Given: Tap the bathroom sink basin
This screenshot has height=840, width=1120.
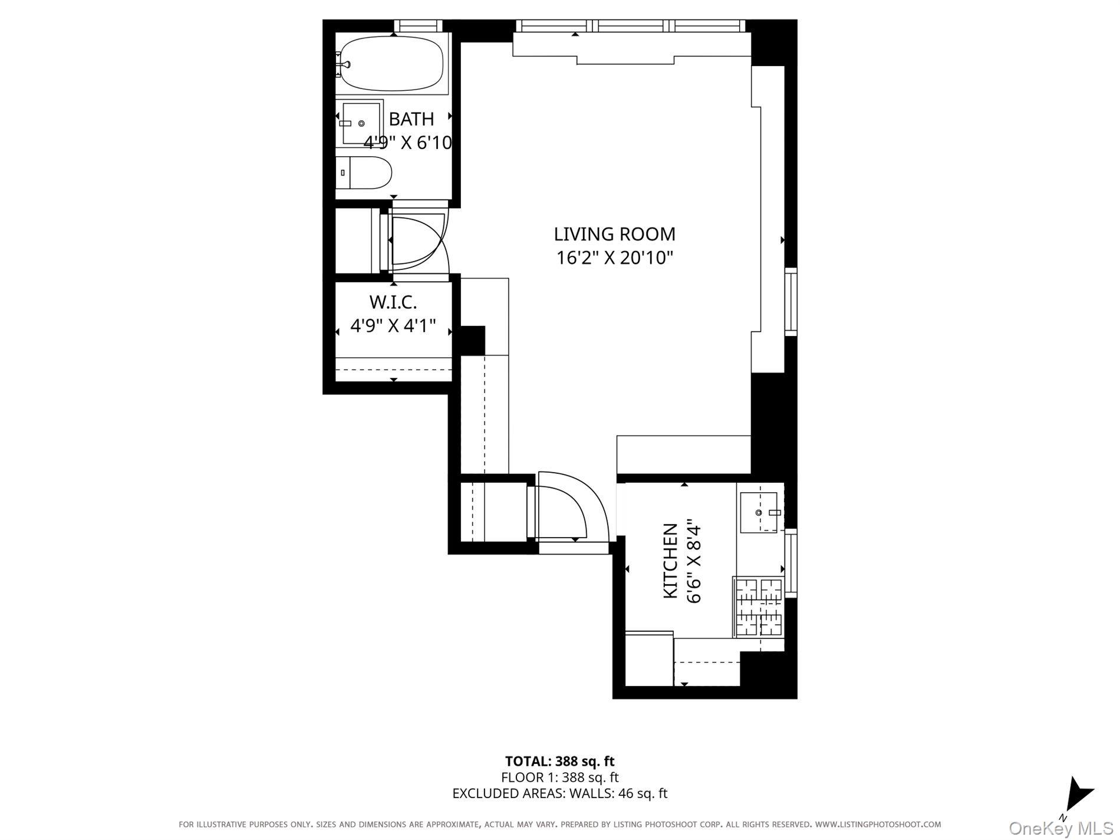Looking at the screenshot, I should [360, 123].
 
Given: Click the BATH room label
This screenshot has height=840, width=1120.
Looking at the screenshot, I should [411, 119].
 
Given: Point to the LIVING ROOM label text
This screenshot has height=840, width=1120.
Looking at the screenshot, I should [614, 234].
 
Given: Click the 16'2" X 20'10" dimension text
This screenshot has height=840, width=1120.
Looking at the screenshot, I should [614, 258].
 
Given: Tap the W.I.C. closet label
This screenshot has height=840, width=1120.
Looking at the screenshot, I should [393, 302].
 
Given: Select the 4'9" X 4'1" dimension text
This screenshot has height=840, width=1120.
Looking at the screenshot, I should [393, 325].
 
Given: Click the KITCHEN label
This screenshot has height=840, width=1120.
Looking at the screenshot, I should [670, 561].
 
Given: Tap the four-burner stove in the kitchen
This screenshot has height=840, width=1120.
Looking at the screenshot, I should [759, 607].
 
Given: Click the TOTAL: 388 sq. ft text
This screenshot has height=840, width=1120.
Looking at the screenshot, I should [559, 761].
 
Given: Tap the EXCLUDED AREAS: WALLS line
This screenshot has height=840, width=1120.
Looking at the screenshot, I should [559, 793].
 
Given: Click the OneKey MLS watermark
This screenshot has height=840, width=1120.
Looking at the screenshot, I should [1060, 828].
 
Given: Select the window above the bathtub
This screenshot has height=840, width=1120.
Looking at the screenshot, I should [417, 25].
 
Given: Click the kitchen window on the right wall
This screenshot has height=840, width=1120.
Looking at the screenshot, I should [791, 563].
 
